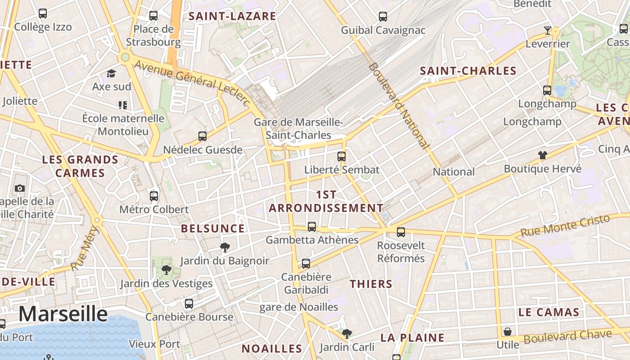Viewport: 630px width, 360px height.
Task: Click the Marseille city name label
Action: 63,314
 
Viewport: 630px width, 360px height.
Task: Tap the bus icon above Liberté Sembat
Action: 342,157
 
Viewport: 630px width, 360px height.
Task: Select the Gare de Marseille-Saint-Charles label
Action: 298,129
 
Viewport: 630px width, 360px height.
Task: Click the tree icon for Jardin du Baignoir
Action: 225,247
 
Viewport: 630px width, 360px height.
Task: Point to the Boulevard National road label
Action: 398,105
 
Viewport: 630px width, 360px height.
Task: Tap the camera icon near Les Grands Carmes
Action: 20,188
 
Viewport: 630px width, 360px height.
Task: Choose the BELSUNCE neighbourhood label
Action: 213,229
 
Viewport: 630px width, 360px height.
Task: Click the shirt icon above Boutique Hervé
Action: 543,155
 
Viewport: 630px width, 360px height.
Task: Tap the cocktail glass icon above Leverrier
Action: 547,31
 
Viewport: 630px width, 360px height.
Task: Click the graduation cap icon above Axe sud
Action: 111,73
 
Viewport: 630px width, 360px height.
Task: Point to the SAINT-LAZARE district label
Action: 232,16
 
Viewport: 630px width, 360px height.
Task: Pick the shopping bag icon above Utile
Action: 508,332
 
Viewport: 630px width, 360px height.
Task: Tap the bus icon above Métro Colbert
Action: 154,196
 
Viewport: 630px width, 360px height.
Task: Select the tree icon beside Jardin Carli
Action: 346,333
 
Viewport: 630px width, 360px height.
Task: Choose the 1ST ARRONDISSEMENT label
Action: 326,201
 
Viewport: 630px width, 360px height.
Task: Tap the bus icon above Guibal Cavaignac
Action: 383,17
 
